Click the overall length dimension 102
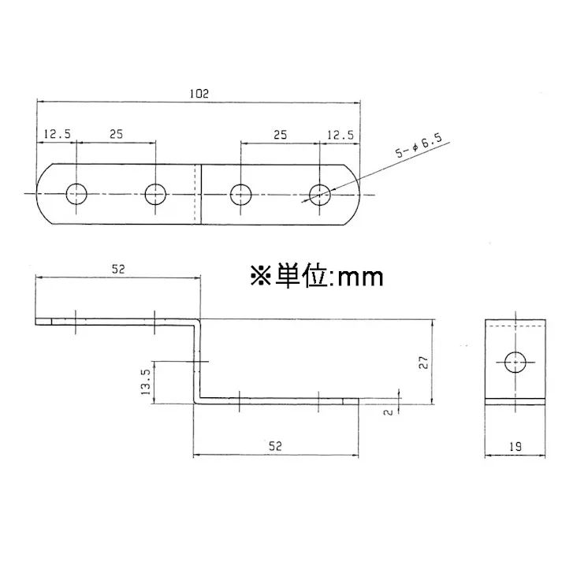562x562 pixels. (198, 93)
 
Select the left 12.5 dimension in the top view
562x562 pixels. (57, 135)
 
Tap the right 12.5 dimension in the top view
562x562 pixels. (339, 135)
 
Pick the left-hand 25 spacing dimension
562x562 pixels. (116, 135)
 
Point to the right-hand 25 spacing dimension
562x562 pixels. (279, 135)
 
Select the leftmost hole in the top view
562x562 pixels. (77, 193)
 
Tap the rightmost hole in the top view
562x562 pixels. (319, 193)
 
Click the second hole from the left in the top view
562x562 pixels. (155, 193)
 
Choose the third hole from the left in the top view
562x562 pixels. (241, 193)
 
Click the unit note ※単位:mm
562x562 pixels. (316, 277)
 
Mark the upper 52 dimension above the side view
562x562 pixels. (117, 270)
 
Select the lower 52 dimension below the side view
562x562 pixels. (275, 445)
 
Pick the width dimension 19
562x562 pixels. (515, 446)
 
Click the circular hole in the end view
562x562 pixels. (515, 362)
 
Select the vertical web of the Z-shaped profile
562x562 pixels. (197, 361)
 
